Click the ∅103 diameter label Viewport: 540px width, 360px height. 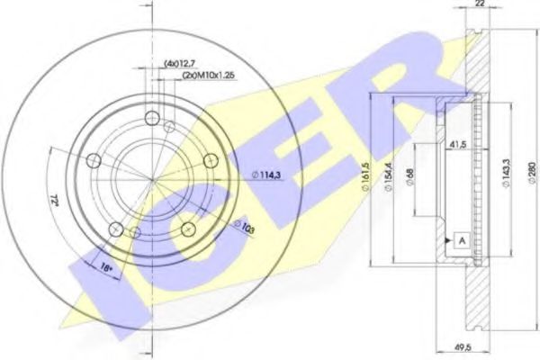243,229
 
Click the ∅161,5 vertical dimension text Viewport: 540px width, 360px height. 365,175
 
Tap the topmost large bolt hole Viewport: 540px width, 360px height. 150,117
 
